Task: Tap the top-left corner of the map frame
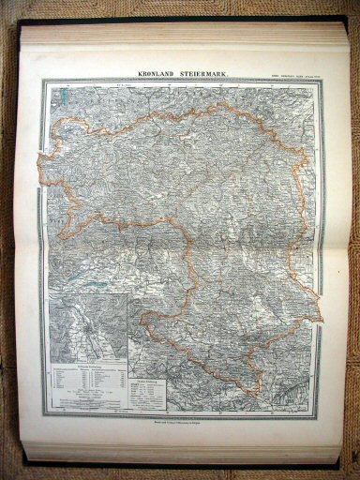point(49,81)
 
